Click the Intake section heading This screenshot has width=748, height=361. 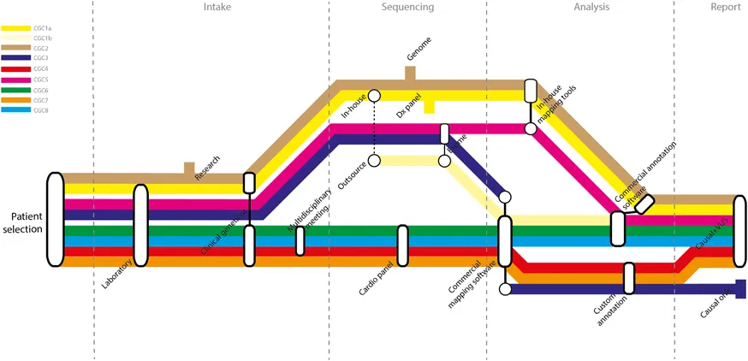[x=217, y=8]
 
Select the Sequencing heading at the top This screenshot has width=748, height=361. [x=407, y=8]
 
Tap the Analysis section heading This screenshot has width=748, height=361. [x=591, y=8]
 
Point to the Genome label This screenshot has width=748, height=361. [x=419, y=54]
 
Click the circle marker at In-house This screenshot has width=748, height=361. [x=374, y=96]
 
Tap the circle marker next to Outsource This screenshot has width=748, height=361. [x=374, y=161]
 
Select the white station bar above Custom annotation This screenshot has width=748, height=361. [x=629, y=279]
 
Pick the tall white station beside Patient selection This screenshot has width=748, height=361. [x=55, y=218]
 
